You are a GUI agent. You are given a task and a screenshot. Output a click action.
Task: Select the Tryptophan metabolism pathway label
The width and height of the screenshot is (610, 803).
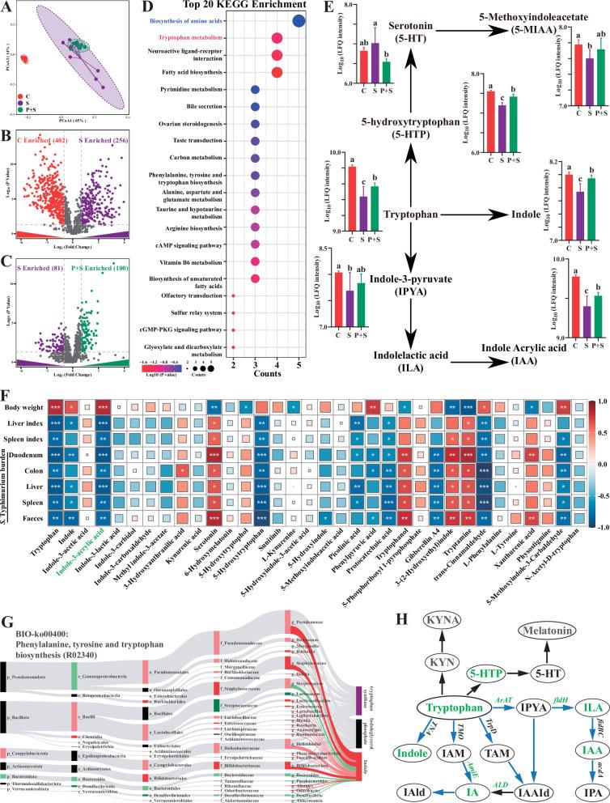pyautogui.click(x=187, y=38)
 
